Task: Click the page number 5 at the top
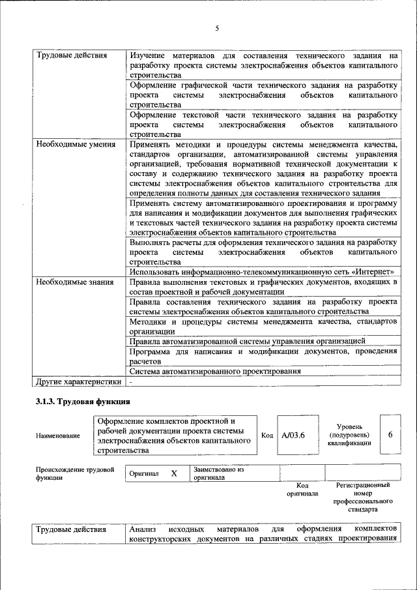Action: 217,28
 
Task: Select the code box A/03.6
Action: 293,435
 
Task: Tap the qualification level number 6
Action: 390,434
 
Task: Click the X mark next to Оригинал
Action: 174,473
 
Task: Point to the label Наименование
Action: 59,435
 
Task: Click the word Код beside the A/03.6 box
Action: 267,435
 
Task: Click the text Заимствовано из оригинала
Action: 218,473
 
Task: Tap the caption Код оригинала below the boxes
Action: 302,490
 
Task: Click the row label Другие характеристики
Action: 78,381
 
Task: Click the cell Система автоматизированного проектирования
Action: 214,371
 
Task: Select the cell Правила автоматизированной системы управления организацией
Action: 246,340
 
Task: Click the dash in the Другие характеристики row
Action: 131,381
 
